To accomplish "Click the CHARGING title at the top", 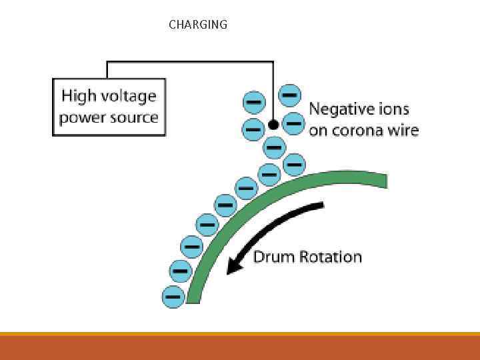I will pos(198,25).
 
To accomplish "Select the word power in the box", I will pos(81,119).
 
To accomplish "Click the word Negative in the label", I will pos(340,109).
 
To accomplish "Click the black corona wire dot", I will pos(273,125).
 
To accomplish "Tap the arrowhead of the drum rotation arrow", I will pos(233,267).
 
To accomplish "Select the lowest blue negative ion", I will pos(174,295).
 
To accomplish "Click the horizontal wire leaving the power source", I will pos(190,62).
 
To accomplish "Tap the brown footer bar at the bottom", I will pos(240,347).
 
